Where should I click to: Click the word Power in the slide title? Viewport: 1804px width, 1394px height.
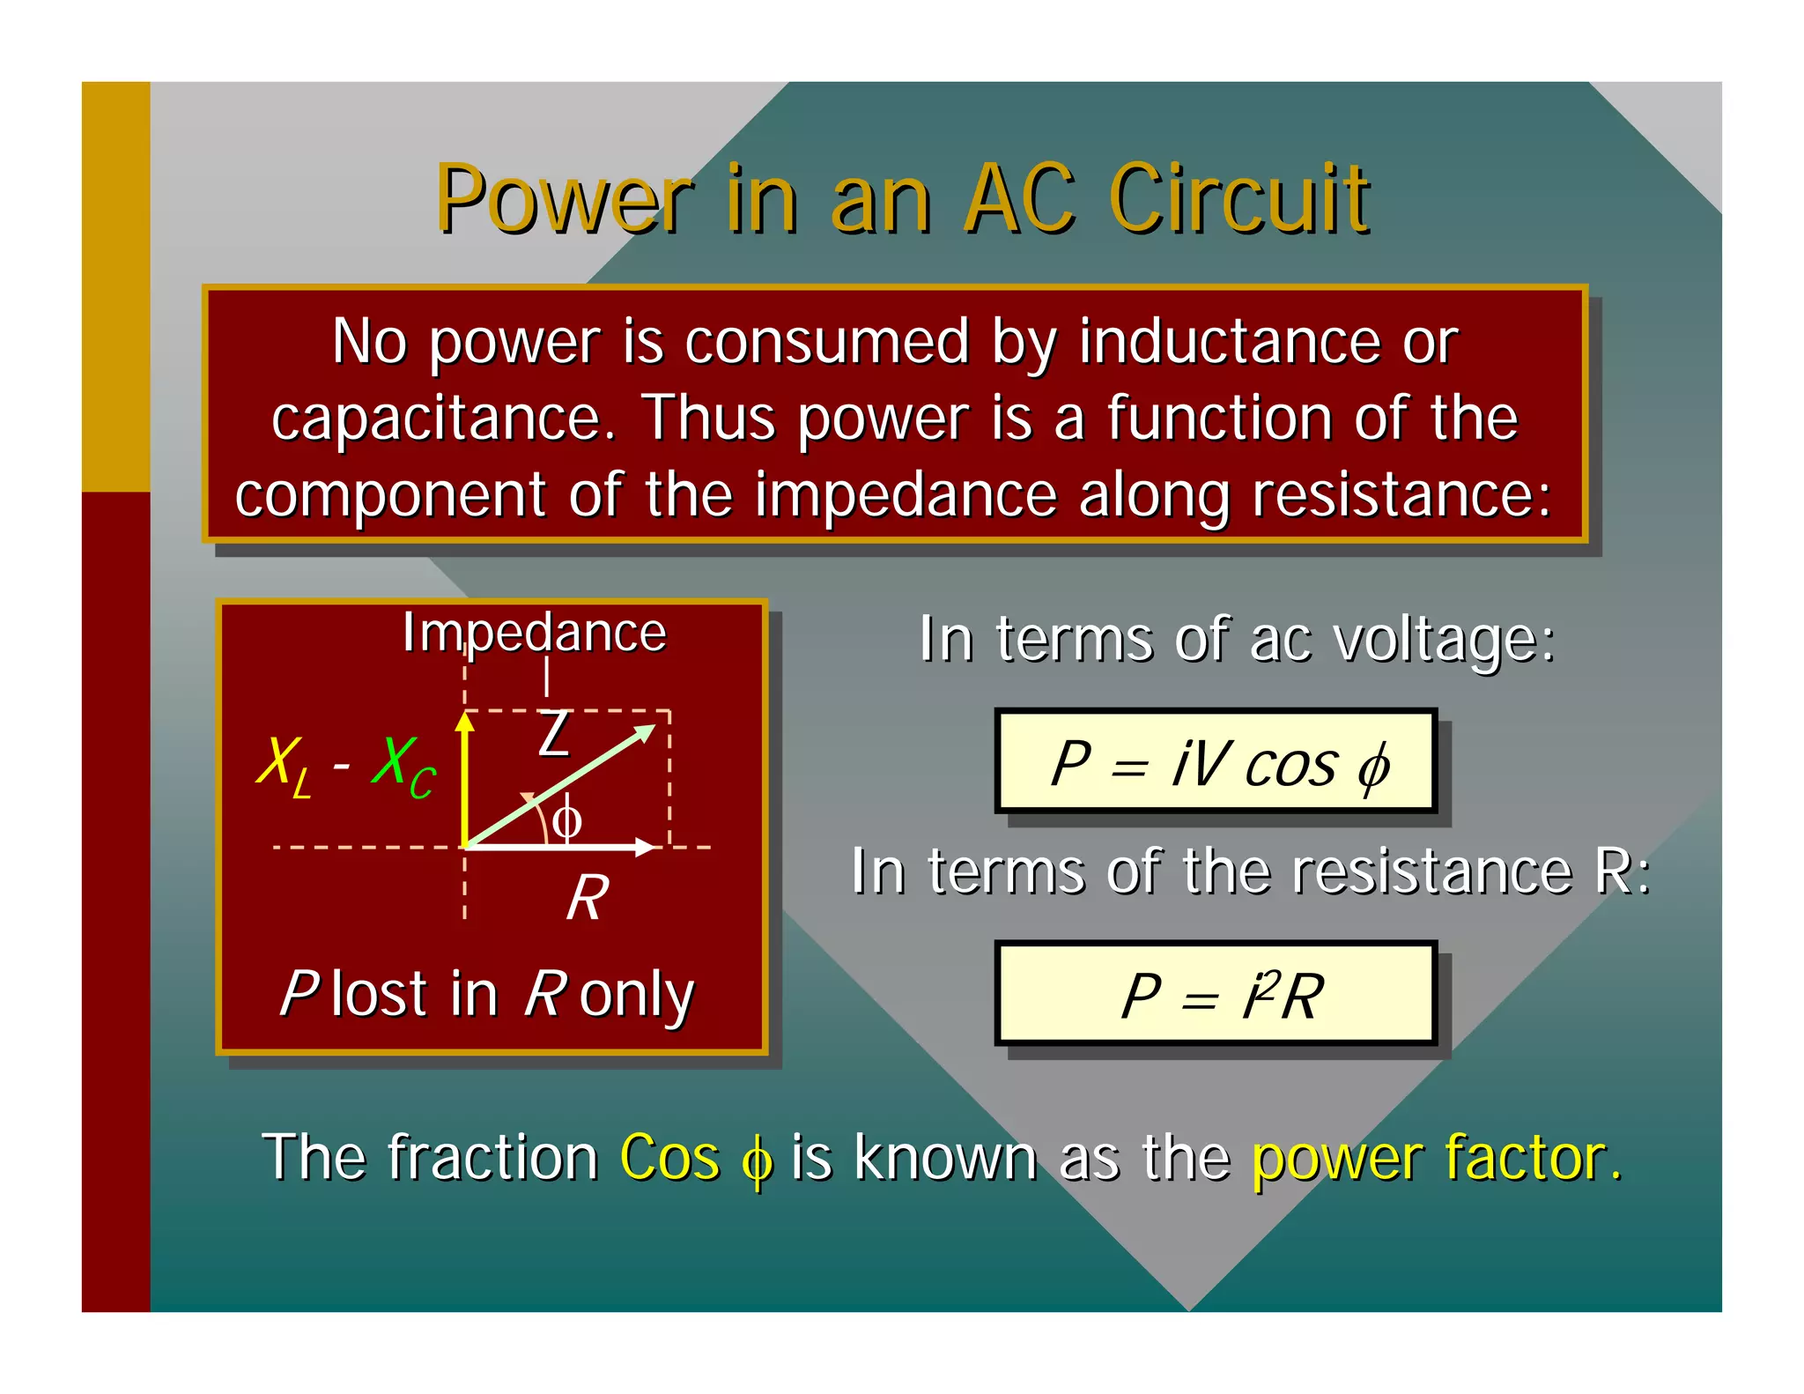(565, 200)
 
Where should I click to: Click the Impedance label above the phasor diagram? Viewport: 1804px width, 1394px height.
(534, 632)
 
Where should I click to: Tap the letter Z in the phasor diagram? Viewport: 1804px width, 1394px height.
(554, 733)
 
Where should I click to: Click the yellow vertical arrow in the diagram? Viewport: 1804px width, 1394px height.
(465, 775)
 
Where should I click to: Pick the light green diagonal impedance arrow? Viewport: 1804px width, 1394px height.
(564, 784)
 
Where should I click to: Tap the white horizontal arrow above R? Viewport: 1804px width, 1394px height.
(564, 847)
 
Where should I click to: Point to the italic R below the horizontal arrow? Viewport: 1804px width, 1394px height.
(588, 898)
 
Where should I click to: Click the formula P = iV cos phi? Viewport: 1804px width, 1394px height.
(1216, 763)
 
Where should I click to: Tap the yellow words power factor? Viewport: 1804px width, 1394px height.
(1436, 1158)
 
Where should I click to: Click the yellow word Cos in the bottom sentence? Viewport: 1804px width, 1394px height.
(669, 1158)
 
